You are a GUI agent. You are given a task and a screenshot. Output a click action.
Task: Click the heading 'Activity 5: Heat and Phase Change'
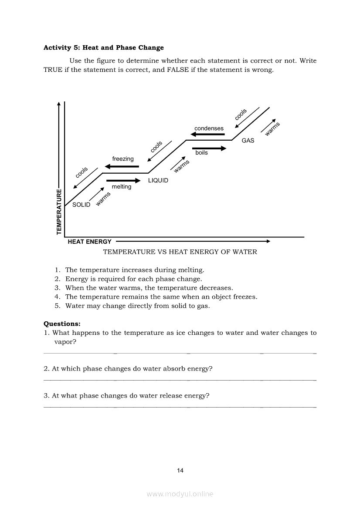[x=104, y=47]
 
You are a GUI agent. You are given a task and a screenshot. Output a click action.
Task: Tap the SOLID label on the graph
[x=81, y=205]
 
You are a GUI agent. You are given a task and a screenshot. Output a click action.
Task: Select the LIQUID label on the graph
[x=158, y=180]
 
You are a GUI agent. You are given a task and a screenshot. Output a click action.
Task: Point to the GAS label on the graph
[x=248, y=141]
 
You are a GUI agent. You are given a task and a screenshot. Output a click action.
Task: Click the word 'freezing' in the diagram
[x=123, y=159]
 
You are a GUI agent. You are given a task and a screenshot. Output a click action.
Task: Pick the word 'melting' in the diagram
[x=121, y=187]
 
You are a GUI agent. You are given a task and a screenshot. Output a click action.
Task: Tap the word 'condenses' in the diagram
[x=209, y=128]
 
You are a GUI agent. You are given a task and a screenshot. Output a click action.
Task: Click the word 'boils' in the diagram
[x=201, y=153]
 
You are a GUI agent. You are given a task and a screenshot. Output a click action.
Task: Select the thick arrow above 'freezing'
[x=122, y=166]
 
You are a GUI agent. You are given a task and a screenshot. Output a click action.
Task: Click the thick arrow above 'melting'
[x=123, y=180]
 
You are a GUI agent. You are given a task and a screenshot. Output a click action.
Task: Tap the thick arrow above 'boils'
[x=209, y=148]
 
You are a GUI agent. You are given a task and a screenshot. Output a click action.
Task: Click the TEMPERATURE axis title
[x=59, y=211]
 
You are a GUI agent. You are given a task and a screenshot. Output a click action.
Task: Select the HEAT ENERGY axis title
[x=90, y=242]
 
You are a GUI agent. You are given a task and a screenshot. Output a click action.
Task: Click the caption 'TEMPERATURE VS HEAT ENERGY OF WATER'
[x=180, y=252]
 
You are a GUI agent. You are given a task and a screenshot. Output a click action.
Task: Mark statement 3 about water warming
[x=149, y=288]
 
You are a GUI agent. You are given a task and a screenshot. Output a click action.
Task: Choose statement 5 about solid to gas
[x=137, y=306]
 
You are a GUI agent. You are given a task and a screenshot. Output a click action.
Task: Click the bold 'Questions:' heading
[x=62, y=324]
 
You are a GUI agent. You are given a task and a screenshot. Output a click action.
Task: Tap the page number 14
[x=180, y=470]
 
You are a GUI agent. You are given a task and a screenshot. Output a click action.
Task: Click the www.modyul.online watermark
[x=180, y=494]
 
